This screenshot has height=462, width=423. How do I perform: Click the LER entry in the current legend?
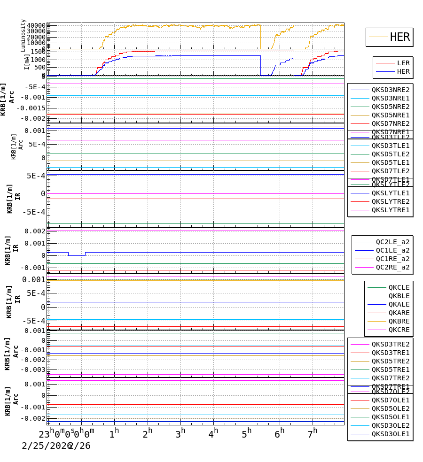[x=403, y=63]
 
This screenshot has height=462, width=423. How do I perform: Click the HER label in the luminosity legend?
[x=400, y=37]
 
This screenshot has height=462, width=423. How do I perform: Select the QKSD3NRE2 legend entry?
[x=391, y=90]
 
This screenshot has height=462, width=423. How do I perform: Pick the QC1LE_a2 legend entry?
[x=392, y=250]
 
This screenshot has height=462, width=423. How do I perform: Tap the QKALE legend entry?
[x=399, y=304]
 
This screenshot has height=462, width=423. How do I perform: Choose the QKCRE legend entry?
[x=399, y=330]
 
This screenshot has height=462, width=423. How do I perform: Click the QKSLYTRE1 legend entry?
[x=391, y=210]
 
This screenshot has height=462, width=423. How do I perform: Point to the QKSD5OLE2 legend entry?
[x=391, y=408]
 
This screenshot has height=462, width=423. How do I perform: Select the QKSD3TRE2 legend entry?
[x=391, y=344]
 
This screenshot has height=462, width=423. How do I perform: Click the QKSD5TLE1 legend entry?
[x=391, y=162]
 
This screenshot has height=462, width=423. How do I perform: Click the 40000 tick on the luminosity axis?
[x=36, y=25]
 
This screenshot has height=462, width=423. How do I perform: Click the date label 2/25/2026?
[x=45, y=446]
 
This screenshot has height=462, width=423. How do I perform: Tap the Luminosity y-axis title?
[x=23, y=35]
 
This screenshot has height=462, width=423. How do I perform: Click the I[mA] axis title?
[x=27, y=62]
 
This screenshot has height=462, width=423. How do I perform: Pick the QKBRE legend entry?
[x=399, y=321]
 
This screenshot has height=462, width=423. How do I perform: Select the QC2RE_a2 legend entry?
[x=392, y=267]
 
